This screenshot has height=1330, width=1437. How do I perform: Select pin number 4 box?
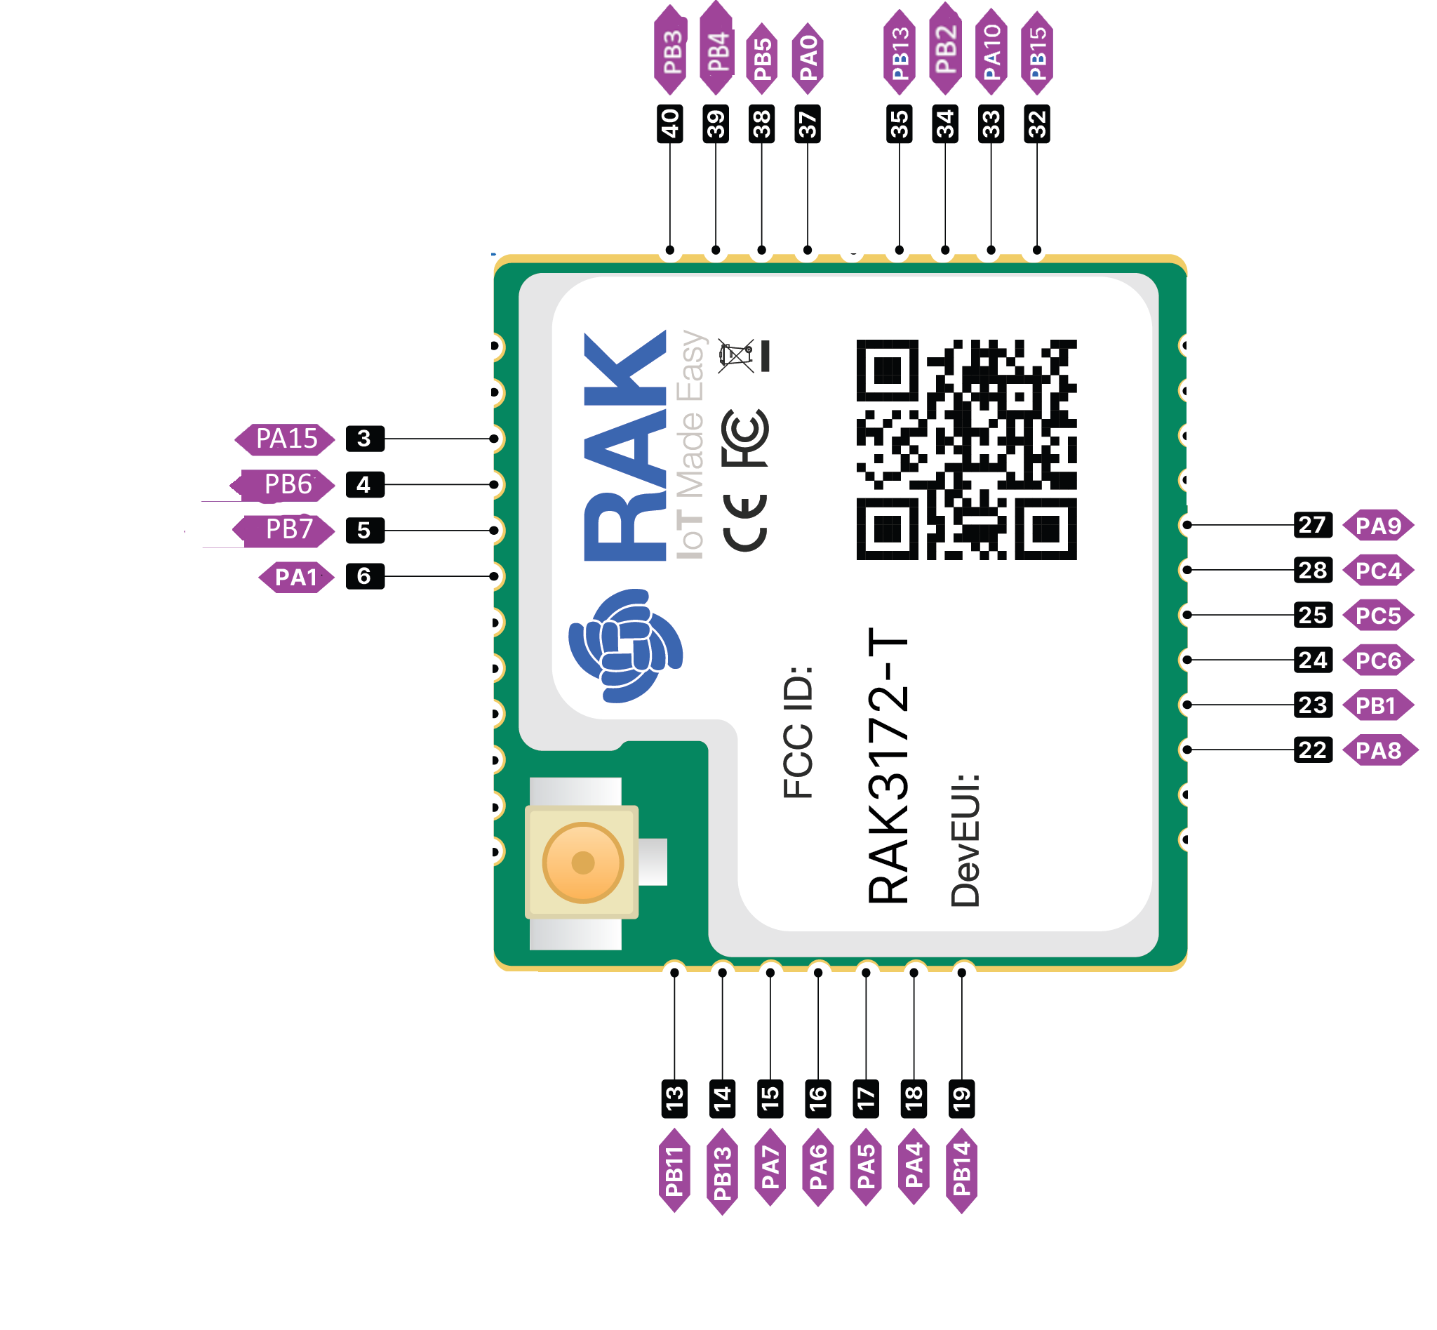[x=364, y=485]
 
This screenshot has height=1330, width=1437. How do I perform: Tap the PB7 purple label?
[x=288, y=531]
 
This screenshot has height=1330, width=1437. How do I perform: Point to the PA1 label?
[x=295, y=577]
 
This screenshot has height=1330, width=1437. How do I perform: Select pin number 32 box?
[x=1037, y=124]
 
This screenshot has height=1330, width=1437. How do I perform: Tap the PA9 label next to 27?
[x=1378, y=526]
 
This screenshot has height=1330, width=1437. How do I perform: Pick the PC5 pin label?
[x=1378, y=616]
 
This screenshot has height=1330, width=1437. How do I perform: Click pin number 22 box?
[x=1313, y=751]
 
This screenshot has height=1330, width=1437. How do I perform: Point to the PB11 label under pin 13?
[x=674, y=1171]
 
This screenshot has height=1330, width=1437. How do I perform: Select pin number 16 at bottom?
[x=818, y=1099]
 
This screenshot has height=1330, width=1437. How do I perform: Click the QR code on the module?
[x=966, y=450]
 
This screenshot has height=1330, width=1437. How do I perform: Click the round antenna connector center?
[x=582, y=862]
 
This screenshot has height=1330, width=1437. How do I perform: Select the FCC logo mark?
[x=745, y=437]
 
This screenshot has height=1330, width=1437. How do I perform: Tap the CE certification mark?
[x=745, y=524]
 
